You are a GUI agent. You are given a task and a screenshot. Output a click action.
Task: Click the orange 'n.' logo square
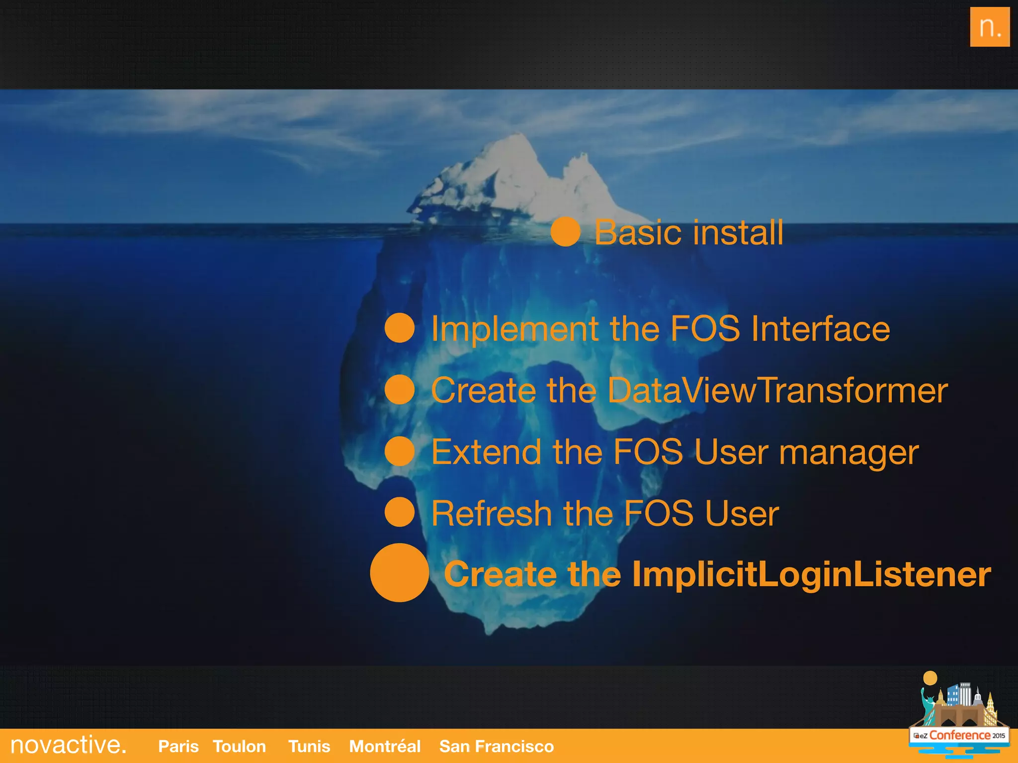(989, 27)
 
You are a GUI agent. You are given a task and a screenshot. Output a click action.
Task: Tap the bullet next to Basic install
(565, 231)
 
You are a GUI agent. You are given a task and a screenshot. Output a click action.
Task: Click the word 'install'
(738, 232)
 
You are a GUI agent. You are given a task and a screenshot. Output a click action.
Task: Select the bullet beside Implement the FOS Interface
(400, 328)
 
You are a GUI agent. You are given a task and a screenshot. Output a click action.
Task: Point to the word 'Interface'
(820, 329)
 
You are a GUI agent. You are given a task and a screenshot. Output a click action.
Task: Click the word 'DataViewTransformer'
(777, 390)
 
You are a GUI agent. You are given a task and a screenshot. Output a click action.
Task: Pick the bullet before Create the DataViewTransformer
(400, 389)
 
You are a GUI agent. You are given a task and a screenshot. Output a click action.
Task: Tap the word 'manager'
(848, 453)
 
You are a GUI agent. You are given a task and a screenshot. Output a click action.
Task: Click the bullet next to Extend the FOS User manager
(400, 451)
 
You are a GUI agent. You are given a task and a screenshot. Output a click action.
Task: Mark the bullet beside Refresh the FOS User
(400, 512)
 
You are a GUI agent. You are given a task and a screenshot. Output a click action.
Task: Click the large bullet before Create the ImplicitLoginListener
(399, 573)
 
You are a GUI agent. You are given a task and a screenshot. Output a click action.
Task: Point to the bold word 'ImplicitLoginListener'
(811, 574)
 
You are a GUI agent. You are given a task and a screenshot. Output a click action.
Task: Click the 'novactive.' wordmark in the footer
(68, 745)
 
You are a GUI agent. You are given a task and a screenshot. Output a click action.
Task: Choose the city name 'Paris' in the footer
(178, 746)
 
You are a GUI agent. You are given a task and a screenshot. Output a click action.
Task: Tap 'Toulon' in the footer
(239, 746)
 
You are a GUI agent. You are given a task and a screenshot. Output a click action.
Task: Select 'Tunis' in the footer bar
(309, 746)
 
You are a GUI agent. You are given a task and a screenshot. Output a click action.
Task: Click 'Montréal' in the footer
(385, 746)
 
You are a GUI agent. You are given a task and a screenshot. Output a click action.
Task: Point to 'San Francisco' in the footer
(496, 746)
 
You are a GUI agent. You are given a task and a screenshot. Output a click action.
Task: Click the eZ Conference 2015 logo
(958, 715)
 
